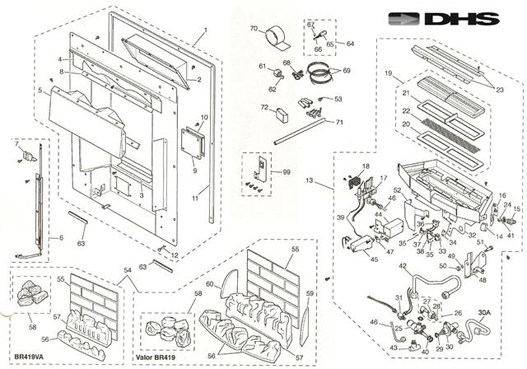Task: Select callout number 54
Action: click(x=127, y=269)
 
